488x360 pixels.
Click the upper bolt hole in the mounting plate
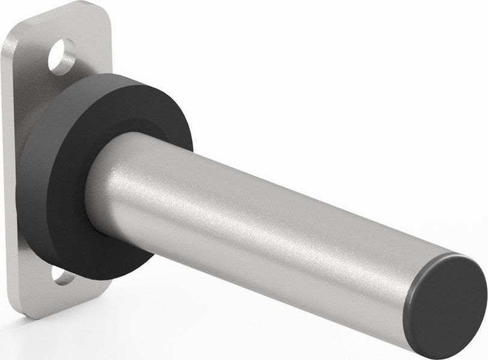point(61,54)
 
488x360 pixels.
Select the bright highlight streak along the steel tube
point(271,199)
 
